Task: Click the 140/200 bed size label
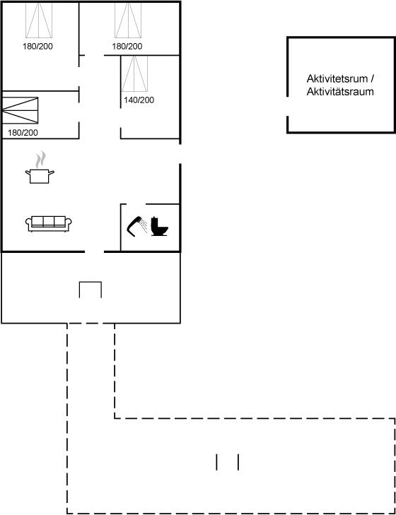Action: pos(139,100)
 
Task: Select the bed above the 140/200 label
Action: pos(134,73)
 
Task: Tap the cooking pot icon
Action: pos(40,176)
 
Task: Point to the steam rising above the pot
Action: pos(40,159)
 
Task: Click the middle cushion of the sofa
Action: pos(48,221)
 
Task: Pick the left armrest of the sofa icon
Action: pos(28,223)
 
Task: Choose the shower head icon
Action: pos(136,225)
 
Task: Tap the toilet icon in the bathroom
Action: pos(160,226)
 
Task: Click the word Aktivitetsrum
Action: pos(337,79)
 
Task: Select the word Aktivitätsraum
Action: pos(340,92)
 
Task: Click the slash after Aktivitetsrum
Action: pos(372,79)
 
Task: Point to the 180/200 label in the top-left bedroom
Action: pos(37,47)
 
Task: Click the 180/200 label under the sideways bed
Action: pos(23,133)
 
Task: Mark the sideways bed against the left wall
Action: pos(20,110)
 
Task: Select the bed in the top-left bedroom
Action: pos(39,20)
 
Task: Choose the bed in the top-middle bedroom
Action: pos(128,20)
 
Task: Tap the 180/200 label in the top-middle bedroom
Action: pos(127,47)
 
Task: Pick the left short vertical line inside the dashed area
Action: pos(216,462)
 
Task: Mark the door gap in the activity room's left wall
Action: pos(288,106)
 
